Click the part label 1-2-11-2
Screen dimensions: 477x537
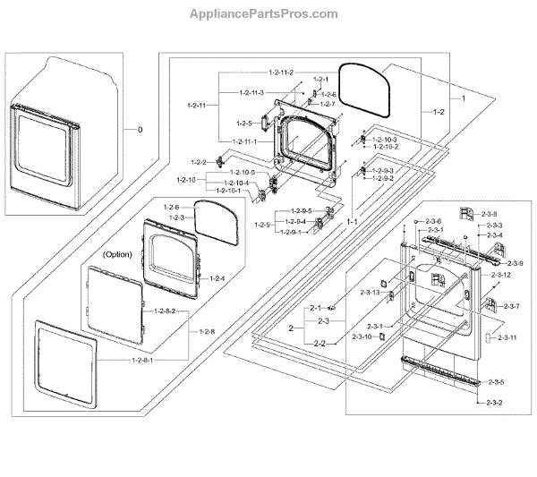(280, 72)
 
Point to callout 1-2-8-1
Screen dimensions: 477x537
(144, 360)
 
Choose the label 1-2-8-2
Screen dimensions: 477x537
(164, 311)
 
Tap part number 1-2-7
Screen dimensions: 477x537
(328, 104)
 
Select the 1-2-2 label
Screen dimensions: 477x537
(199, 162)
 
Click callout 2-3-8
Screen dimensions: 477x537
(489, 214)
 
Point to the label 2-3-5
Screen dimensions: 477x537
(494, 382)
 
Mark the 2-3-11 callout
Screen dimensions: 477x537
(507, 336)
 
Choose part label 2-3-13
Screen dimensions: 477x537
(371, 293)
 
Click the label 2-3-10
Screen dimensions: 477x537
(371, 336)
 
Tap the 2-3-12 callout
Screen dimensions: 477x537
(501, 275)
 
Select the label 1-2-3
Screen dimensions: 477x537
(176, 217)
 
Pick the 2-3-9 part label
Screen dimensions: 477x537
(514, 264)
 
